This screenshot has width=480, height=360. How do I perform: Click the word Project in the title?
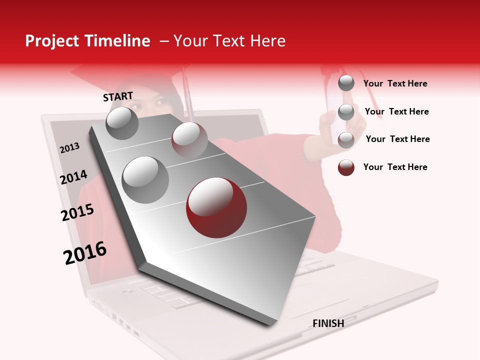tap(52, 41)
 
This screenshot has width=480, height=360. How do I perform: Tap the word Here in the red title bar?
tap(267, 41)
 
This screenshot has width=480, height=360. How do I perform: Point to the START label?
tap(118, 96)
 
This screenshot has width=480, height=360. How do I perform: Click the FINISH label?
tap(328, 323)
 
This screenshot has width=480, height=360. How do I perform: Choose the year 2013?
tap(69, 148)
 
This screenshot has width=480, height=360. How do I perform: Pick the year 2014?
tap(73, 177)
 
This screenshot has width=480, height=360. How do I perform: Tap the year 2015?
tap(77, 212)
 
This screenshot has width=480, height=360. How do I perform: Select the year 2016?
tap(85, 252)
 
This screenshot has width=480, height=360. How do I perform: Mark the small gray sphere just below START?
tap(122, 123)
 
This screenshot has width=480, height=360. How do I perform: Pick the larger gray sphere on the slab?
tap(145, 179)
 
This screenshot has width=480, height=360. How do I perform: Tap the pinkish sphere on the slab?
tap(189, 139)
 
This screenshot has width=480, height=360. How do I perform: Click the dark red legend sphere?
tap(346, 167)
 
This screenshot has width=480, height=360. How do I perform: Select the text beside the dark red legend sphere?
tap(395, 167)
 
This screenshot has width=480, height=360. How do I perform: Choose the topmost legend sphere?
tap(346, 83)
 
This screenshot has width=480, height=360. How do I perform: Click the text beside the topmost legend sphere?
tap(395, 83)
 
